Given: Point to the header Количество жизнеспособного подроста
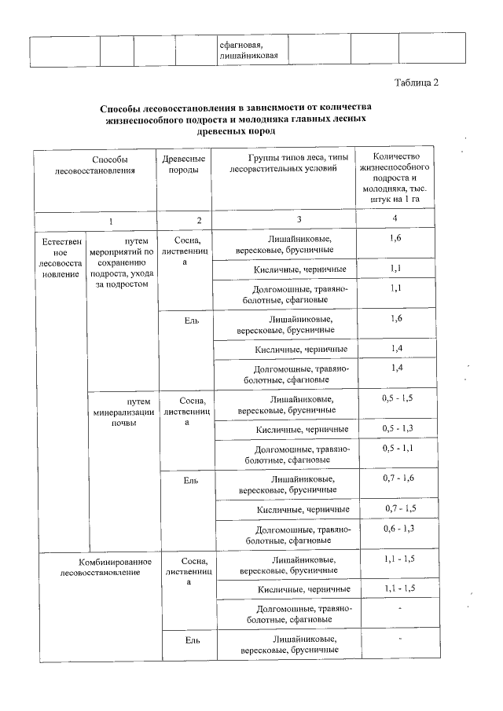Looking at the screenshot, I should coord(395,178).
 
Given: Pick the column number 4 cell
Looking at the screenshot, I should coord(395,218).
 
